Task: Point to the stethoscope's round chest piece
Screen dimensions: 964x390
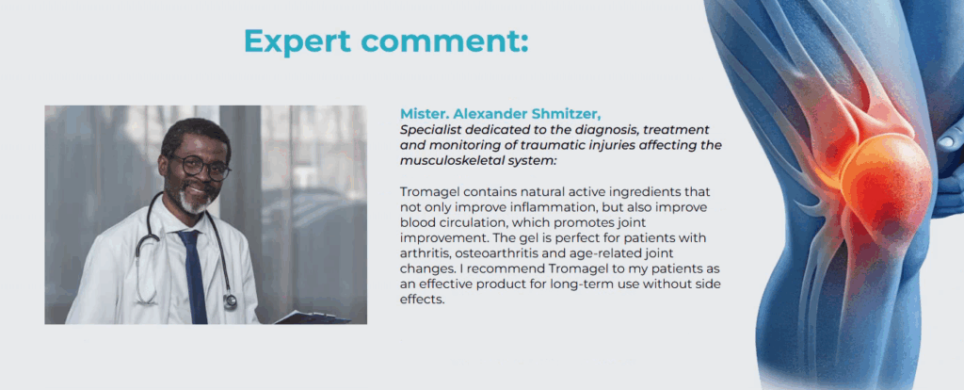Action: tap(231, 301)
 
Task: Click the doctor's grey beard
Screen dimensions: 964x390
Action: tap(193, 202)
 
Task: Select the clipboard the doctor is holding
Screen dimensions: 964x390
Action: tap(312, 317)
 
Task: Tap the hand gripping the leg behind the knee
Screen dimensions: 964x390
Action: tap(949, 166)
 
